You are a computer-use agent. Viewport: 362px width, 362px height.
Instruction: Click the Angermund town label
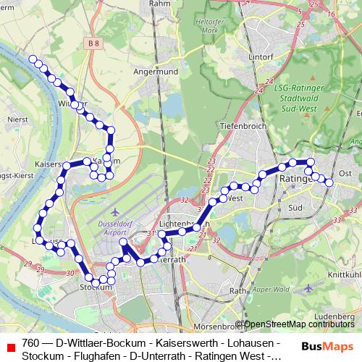coord(151,72)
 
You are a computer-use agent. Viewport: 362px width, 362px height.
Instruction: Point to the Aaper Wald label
coord(267,289)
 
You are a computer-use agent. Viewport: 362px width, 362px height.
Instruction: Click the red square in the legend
coord(9,348)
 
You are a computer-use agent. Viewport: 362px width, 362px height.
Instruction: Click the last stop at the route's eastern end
coord(329,182)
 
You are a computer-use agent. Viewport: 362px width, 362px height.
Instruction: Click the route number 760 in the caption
coord(31,342)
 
